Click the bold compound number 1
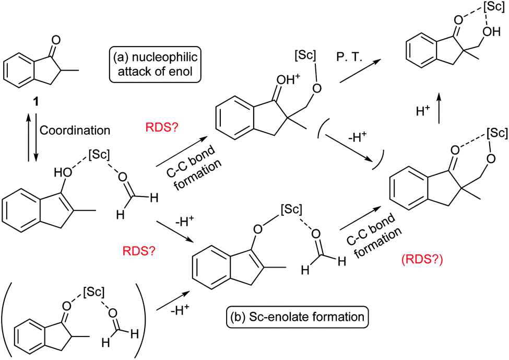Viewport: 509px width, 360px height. (x=35, y=102)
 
